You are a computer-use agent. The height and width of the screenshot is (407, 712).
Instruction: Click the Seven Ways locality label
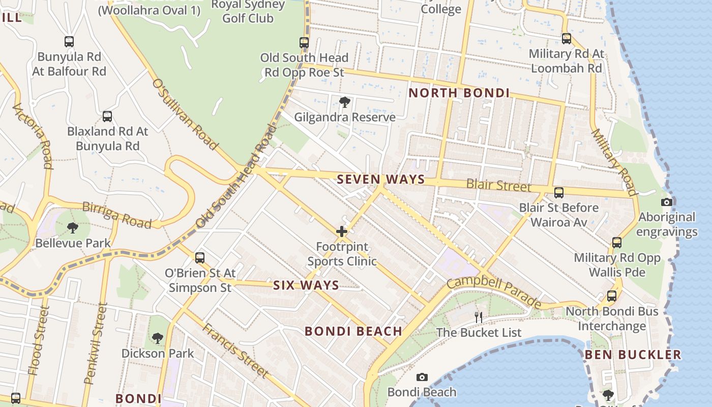(x=380, y=179)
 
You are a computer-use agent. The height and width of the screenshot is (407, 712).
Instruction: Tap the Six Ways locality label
(x=306, y=285)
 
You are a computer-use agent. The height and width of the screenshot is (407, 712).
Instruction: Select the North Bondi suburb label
(x=459, y=93)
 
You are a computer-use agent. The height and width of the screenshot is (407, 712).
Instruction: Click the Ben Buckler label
(x=633, y=355)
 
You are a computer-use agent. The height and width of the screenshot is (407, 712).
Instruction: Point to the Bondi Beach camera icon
(x=422, y=377)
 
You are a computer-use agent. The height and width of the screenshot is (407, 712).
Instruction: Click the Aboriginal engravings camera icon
(x=667, y=202)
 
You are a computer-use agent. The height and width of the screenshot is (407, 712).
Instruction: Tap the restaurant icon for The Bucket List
(x=478, y=317)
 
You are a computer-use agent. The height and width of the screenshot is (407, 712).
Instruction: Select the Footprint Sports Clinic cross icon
(x=342, y=232)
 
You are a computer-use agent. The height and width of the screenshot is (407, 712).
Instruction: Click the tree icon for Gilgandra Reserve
(x=345, y=102)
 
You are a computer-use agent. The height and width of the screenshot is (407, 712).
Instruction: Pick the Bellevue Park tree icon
(x=73, y=228)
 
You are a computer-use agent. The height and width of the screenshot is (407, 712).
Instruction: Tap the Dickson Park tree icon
(x=158, y=338)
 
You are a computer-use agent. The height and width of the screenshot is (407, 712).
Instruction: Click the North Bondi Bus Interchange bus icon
(x=612, y=296)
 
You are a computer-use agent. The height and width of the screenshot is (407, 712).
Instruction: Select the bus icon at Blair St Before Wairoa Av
(x=559, y=193)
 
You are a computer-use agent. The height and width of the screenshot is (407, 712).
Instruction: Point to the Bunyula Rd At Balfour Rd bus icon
(x=69, y=42)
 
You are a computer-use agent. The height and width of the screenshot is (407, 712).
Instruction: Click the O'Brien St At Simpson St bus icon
(x=200, y=258)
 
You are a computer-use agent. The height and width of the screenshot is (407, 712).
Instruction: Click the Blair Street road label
(x=498, y=185)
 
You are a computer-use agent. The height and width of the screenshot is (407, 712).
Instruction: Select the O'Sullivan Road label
(x=185, y=114)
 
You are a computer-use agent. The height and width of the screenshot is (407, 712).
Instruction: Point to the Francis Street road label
(x=235, y=350)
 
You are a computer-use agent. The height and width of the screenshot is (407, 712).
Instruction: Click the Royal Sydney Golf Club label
(x=249, y=12)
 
